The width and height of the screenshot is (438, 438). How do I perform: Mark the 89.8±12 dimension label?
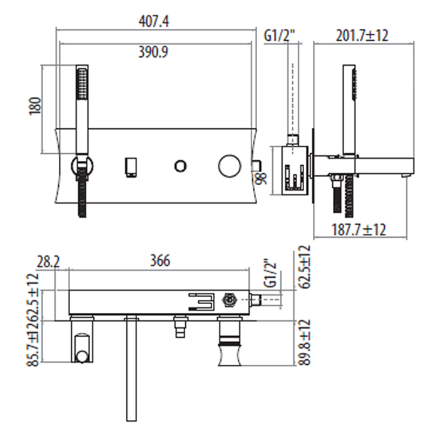304,344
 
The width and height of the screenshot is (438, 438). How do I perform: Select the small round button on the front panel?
180,166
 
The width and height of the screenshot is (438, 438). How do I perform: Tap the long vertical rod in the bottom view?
131,369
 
